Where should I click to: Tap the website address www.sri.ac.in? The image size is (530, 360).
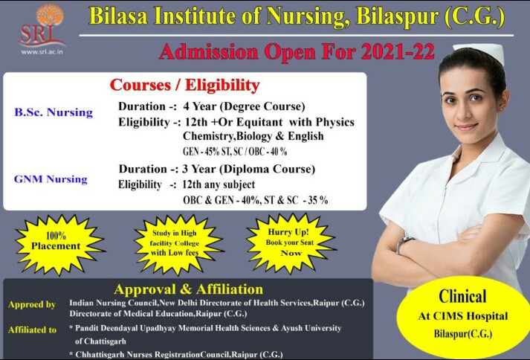pyautogui.click(x=42, y=52)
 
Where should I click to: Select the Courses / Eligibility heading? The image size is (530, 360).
pyautogui.click(x=184, y=85)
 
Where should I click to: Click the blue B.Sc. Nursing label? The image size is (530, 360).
pyautogui.click(x=54, y=112)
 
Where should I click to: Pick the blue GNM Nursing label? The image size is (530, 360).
pyautogui.click(x=51, y=179)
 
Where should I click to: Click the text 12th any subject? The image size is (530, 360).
pyautogui.click(x=219, y=184)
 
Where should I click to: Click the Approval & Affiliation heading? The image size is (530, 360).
pyautogui.click(x=188, y=289)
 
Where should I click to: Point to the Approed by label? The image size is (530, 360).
pyautogui.click(x=32, y=304)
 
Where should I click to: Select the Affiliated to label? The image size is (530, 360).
pyautogui.click(x=33, y=330)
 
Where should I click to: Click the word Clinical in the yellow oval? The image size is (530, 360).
pyautogui.click(x=462, y=296)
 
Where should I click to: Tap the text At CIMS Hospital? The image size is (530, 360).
pyautogui.click(x=463, y=316)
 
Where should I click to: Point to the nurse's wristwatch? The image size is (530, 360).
pyautogui.click(x=404, y=244)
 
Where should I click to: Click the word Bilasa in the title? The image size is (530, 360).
pyautogui.click(x=118, y=16)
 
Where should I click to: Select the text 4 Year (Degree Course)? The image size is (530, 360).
pyautogui.click(x=244, y=106)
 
